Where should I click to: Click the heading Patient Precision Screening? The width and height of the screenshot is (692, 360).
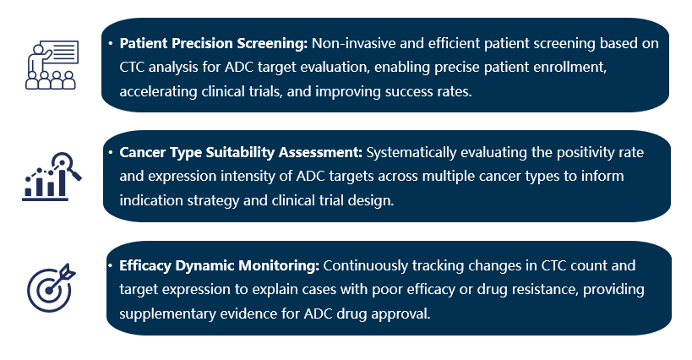pyautogui.click(x=214, y=42)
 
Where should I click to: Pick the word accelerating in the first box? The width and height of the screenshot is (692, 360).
pyautogui.click(x=158, y=91)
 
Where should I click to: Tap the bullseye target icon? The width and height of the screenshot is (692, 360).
pyautogui.click(x=50, y=287)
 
